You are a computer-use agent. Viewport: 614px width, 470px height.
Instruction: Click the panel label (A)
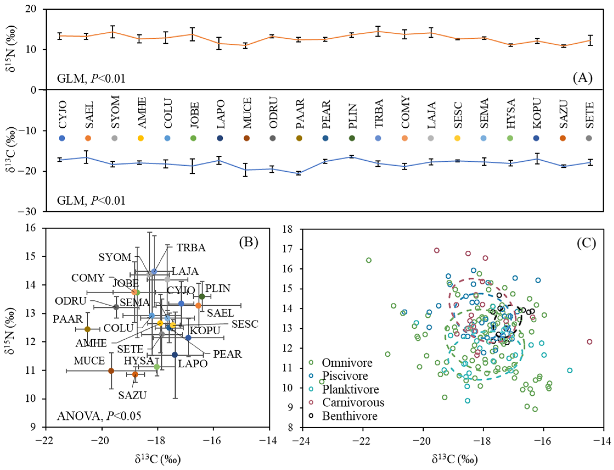(x=582, y=78)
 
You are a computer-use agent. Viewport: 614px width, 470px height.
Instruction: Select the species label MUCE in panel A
(x=247, y=113)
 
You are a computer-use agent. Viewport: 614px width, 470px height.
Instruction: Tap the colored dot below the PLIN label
(x=352, y=138)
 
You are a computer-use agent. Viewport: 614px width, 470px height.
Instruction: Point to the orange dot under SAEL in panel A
(x=88, y=138)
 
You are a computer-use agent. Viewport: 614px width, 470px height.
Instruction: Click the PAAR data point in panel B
(x=88, y=329)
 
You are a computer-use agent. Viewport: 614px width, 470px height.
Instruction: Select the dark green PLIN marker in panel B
(x=202, y=296)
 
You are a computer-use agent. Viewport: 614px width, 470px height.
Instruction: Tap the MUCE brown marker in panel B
(x=111, y=371)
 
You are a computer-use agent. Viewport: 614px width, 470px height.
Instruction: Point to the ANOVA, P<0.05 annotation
(x=99, y=416)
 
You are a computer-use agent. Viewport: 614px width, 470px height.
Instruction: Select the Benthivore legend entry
(x=350, y=416)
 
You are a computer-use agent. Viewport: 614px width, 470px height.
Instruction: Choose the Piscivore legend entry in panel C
(x=345, y=376)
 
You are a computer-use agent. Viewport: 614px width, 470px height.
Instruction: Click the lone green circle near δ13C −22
(x=368, y=260)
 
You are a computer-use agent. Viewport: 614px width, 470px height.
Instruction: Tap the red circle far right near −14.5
(x=589, y=342)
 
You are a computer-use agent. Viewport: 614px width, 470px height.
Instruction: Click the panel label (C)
(x=586, y=244)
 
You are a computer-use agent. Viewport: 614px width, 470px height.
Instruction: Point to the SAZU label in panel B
(x=132, y=396)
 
